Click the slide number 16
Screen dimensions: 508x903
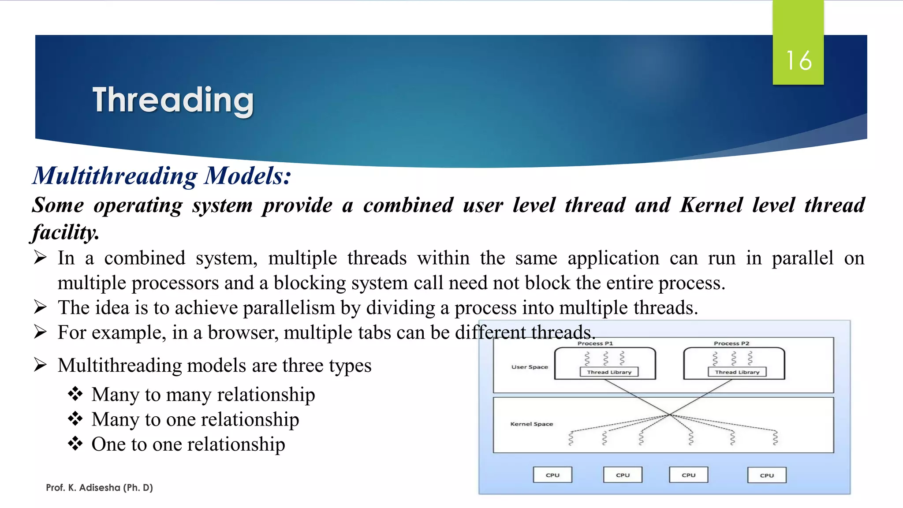click(799, 60)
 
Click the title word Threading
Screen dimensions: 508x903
click(173, 100)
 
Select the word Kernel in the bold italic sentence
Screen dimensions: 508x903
click(711, 205)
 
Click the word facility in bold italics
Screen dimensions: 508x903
click(65, 232)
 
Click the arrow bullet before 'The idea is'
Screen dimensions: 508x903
click(40, 307)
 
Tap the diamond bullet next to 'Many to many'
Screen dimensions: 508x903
click(75, 394)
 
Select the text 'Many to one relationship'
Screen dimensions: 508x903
click(195, 419)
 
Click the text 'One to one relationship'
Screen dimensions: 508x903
click(188, 444)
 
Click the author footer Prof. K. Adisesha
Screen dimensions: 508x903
click(99, 488)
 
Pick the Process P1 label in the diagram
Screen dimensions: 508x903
click(595, 343)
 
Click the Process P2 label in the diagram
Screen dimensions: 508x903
click(731, 343)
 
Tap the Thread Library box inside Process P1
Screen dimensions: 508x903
click(609, 372)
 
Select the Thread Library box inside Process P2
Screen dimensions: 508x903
click(737, 372)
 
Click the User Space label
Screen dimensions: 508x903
click(530, 367)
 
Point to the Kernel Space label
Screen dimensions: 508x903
click(531, 424)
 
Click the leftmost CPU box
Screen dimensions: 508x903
click(552, 475)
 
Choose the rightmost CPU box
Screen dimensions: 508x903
click(767, 475)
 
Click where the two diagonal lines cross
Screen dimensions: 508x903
click(669, 415)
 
